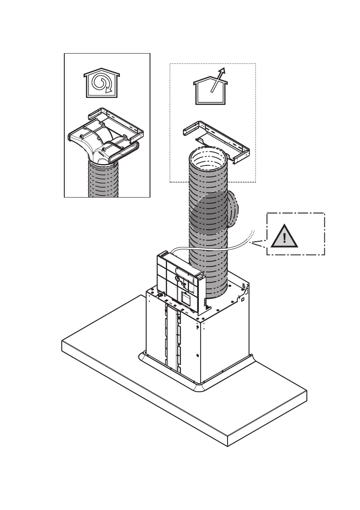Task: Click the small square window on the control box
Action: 186,297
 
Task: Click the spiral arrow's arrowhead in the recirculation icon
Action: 111,90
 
